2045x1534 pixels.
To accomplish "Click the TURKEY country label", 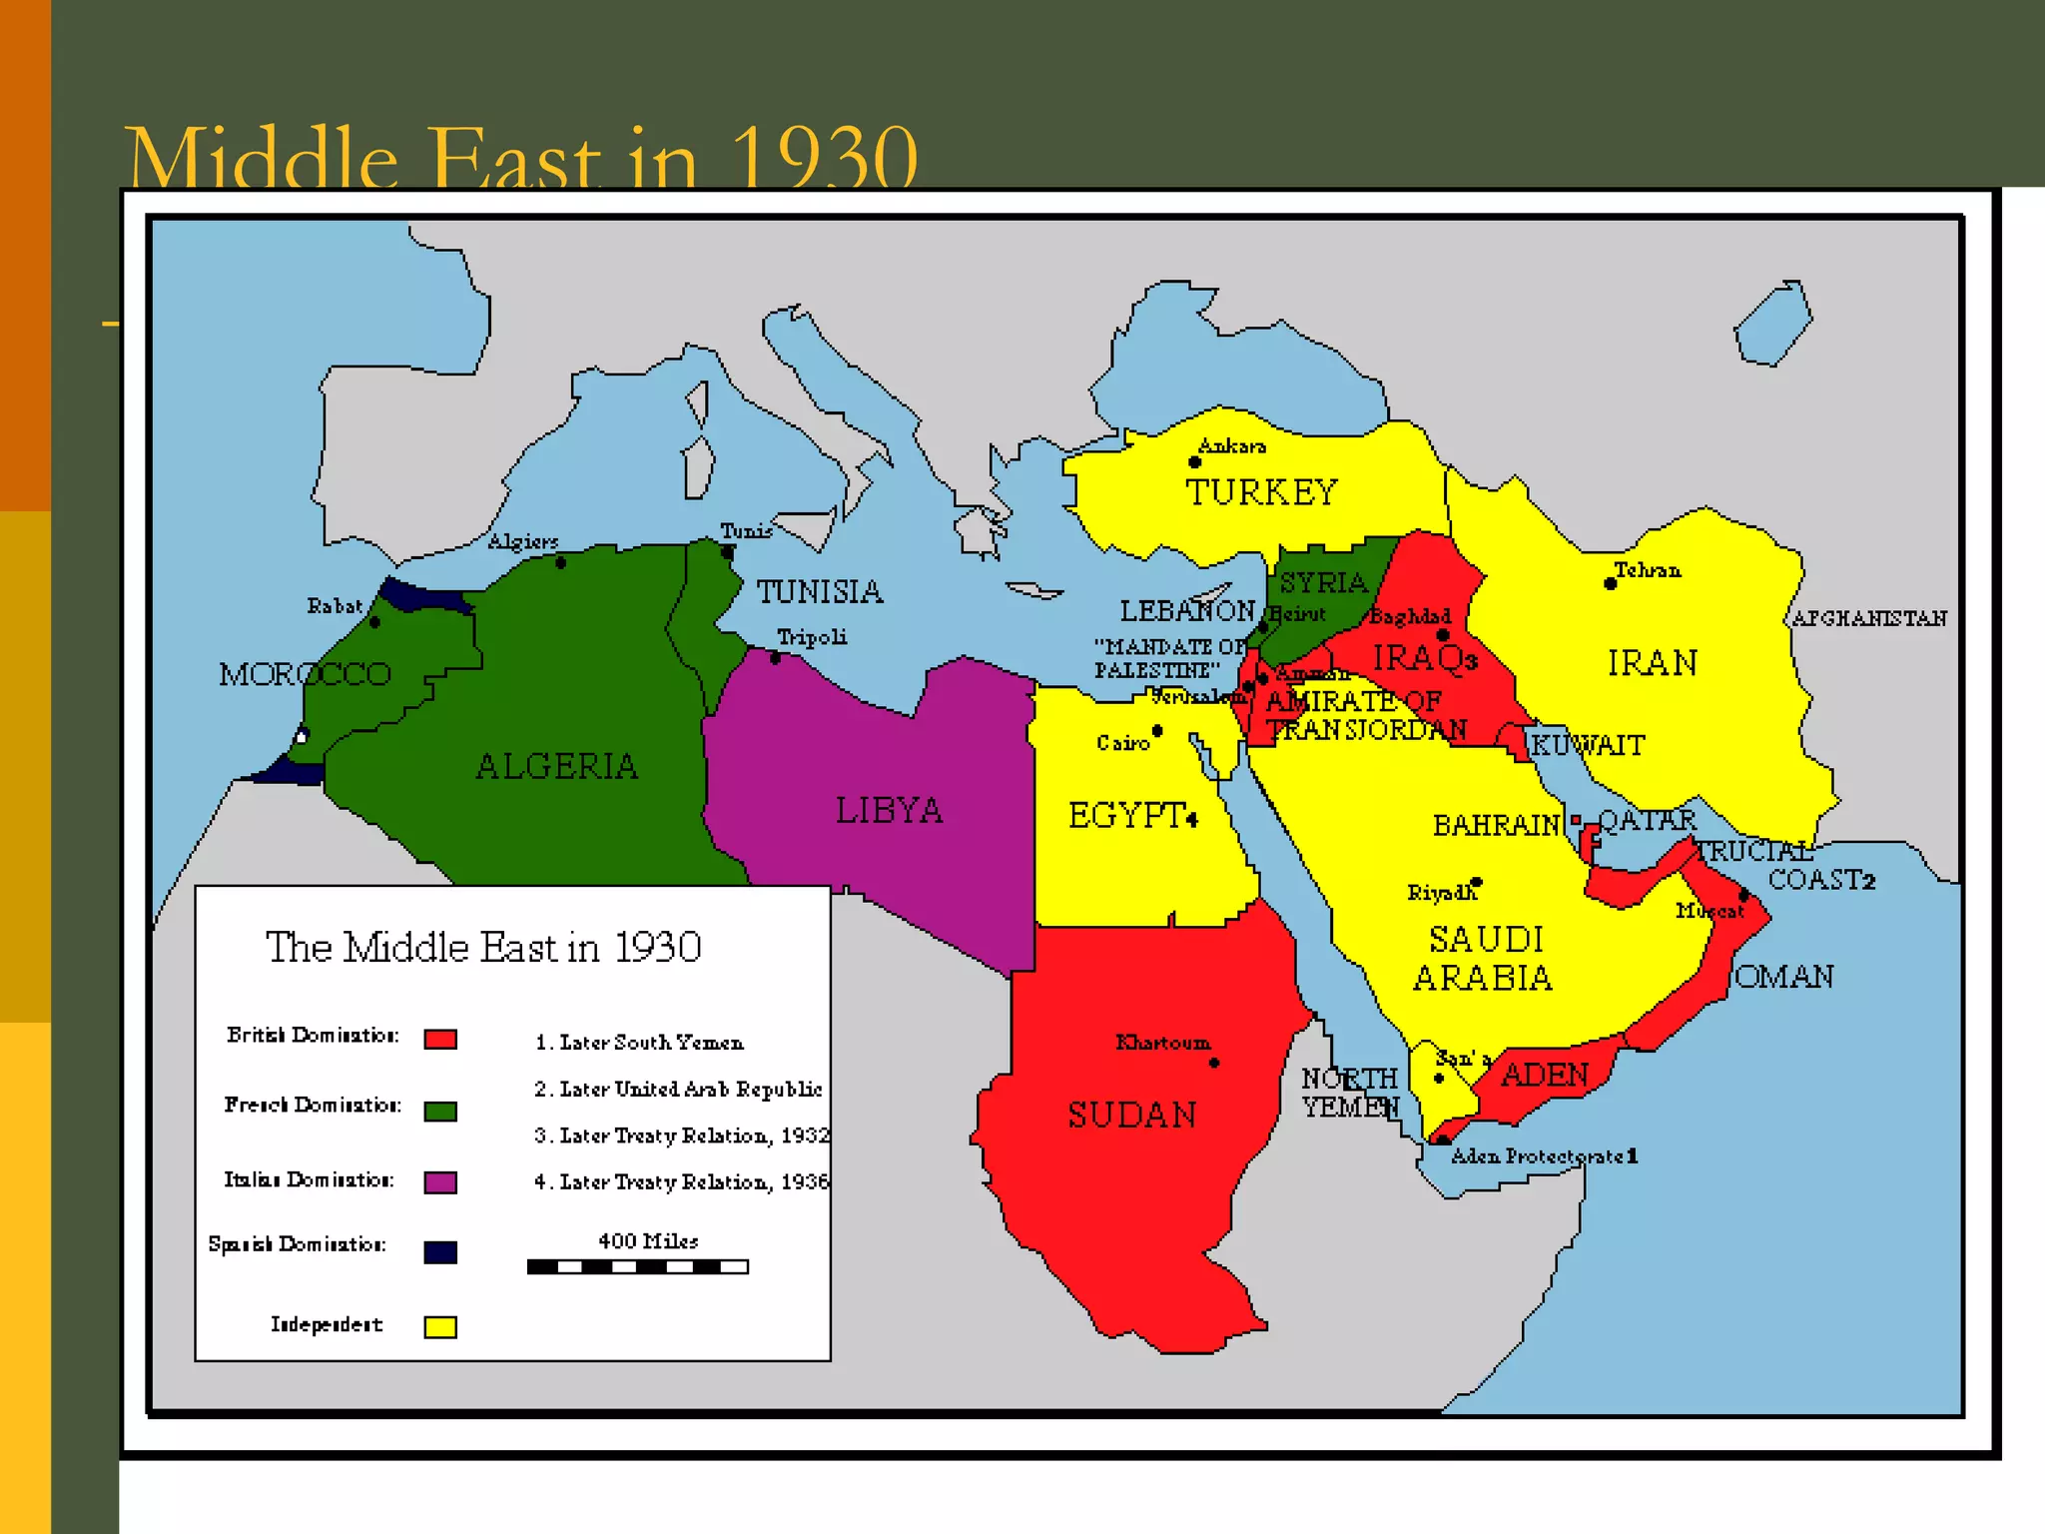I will pyautogui.click(x=1261, y=492).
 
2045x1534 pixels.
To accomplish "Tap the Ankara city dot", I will pyautogui.click(x=1194, y=462).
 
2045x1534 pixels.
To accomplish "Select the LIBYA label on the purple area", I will pyautogui.click(x=889, y=810).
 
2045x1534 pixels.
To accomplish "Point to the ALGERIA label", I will pyautogui.click(x=556, y=766).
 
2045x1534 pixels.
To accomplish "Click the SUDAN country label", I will pyautogui.click(x=1131, y=1115).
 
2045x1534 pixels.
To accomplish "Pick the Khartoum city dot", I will pyautogui.click(x=1214, y=1063).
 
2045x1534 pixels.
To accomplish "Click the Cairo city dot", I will pyautogui.click(x=1157, y=731).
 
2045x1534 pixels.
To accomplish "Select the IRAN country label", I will pyautogui.click(x=1652, y=663).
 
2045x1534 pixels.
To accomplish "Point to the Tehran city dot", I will pyautogui.click(x=1610, y=584).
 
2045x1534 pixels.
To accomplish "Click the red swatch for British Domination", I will pyautogui.click(x=440, y=1040).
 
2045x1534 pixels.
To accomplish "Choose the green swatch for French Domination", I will pyautogui.click(x=440, y=1112).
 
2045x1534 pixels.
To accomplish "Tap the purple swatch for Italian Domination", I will pyautogui.click(x=440, y=1182).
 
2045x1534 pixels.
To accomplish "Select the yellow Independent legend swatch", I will pyautogui.click(x=440, y=1326).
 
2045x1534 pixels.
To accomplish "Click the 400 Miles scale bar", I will pyautogui.click(x=637, y=1266).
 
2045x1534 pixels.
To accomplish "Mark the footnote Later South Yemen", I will pyautogui.click(x=640, y=1043).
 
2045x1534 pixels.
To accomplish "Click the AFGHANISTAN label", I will pyautogui.click(x=1869, y=618).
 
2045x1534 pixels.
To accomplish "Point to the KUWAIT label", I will pyautogui.click(x=1588, y=745).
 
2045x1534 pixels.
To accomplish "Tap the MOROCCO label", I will pyautogui.click(x=305, y=674).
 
